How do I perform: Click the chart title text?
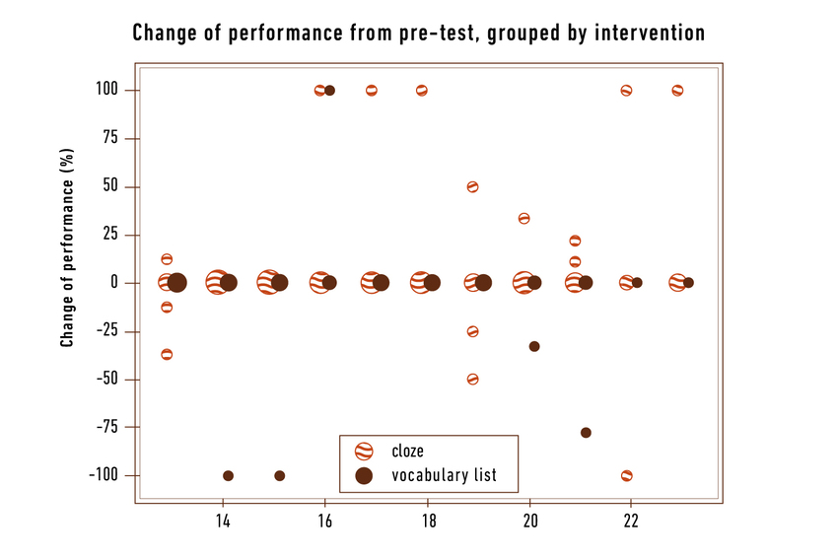418,33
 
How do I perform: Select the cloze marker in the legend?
364,452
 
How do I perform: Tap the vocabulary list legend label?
444,476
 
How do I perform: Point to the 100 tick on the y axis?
105,91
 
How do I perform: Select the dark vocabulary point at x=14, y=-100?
228,475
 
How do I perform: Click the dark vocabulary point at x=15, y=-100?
279,475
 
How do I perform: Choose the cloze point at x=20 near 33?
524,218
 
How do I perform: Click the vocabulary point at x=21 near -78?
586,433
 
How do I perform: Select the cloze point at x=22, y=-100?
626,475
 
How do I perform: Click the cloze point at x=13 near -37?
167,354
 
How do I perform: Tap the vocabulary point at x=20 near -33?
534,346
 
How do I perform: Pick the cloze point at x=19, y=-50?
472,379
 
